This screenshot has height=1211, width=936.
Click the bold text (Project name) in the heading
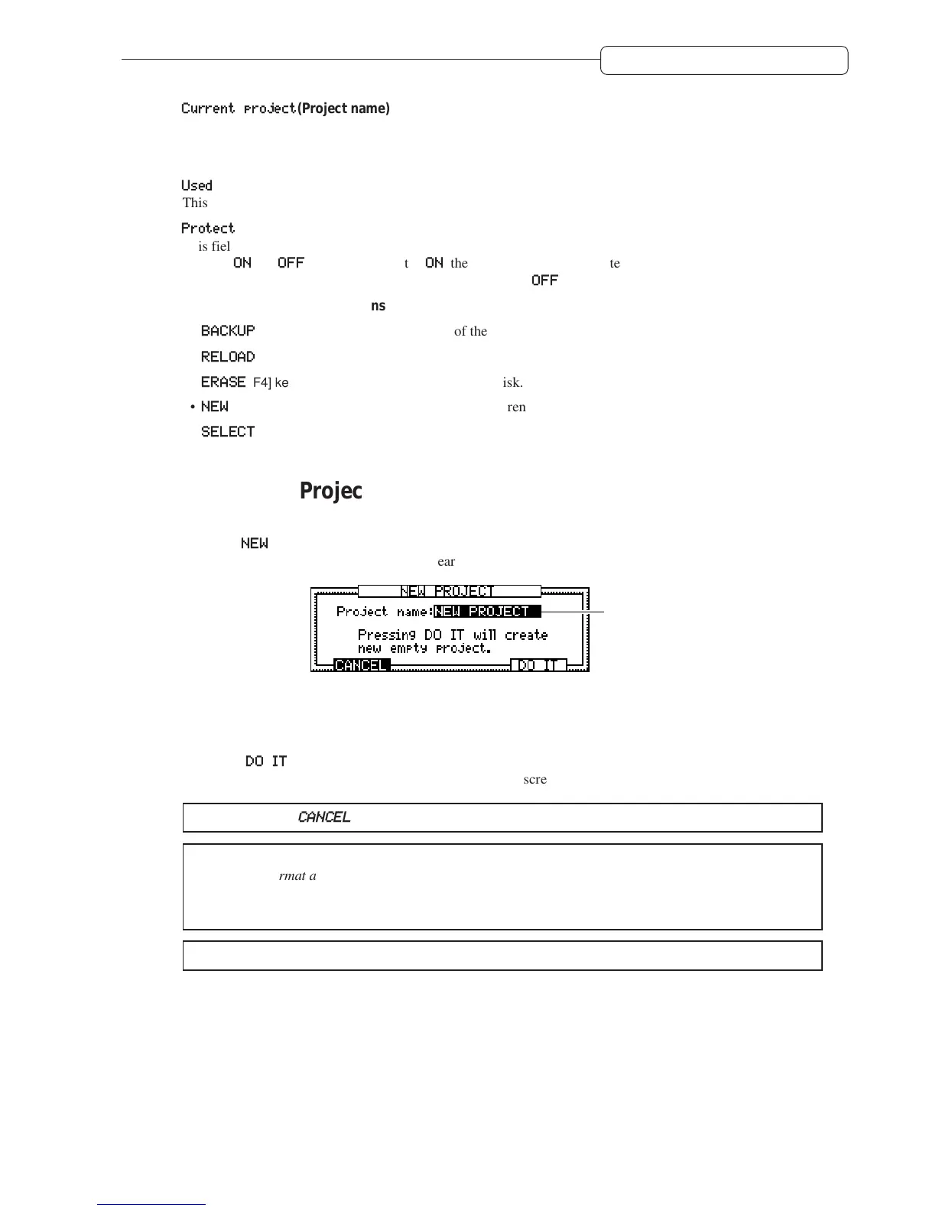343,109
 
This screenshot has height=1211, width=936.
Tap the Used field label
197,185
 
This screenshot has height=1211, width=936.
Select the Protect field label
208,228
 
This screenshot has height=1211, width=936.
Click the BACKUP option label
228,330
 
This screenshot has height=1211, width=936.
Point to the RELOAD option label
228,356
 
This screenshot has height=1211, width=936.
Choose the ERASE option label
223,381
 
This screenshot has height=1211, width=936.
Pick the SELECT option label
228,431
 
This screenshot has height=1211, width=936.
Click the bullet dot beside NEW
193,407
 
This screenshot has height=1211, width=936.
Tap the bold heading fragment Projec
330,491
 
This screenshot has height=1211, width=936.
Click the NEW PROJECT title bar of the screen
449,591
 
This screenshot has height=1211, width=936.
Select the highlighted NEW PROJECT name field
487,612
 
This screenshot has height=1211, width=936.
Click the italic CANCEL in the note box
324,817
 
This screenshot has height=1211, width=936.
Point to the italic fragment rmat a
297,875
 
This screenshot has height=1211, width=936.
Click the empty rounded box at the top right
724,60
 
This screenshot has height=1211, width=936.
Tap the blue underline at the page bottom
151,1204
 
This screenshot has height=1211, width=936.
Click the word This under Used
195,203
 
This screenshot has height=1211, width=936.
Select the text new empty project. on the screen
424,648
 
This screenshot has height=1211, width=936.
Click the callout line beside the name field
574,612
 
